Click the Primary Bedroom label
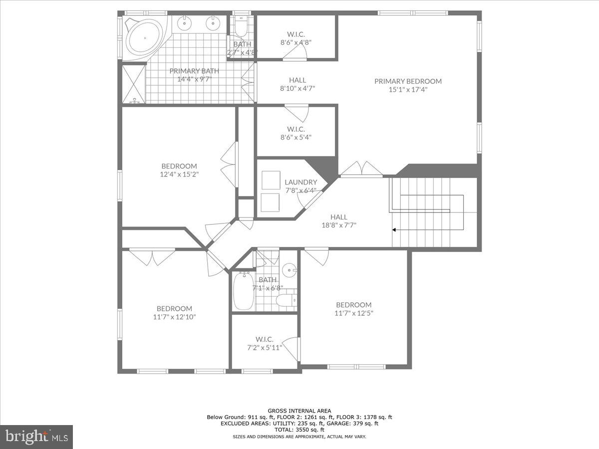click(408, 81)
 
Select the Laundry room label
click(300, 183)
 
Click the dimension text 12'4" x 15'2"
click(179, 175)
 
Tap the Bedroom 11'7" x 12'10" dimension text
click(174, 317)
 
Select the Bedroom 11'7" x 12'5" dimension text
click(353, 313)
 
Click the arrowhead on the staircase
click(394, 230)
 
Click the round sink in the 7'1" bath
click(289, 270)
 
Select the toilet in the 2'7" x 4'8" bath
click(241, 27)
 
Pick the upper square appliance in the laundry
click(271, 180)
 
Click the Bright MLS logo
click(36, 437)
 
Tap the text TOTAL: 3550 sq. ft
click(299, 430)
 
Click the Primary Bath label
click(194, 71)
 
